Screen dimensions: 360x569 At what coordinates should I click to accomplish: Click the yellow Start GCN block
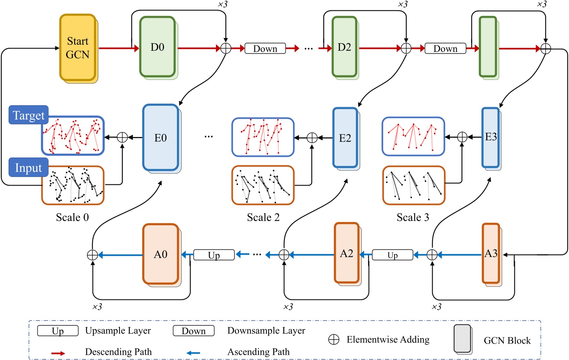click(78, 48)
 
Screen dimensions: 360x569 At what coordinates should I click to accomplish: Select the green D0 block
click(157, 47)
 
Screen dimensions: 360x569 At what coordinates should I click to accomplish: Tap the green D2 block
click(344, 47)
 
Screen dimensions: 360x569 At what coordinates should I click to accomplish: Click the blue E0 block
click(161, 138)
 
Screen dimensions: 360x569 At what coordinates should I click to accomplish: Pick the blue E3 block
click(491, 137)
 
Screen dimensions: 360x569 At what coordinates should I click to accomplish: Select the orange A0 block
click(161, 254)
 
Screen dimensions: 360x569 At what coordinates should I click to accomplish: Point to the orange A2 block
click(346, 254)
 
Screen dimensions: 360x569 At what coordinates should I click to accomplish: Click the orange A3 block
click(491, 254)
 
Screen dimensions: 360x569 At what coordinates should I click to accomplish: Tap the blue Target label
click(28, 115)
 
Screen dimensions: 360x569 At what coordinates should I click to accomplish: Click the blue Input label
click(28, 168)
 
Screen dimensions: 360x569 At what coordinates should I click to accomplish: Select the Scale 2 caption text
click(263, 217)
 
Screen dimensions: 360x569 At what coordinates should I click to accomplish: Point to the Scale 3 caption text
click(412, 217)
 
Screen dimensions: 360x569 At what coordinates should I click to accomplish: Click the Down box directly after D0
click(265, 49)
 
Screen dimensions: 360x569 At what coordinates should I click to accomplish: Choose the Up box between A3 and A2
click(392, 255)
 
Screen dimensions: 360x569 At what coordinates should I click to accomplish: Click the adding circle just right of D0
click(226, 48)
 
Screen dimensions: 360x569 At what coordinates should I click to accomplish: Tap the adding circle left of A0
click(92, 255)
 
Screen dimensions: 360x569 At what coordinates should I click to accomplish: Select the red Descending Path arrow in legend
click(58, 353)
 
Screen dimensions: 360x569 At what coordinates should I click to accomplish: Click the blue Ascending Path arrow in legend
click(193, 353)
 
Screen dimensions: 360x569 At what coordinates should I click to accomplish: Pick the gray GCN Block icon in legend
click(463, 339)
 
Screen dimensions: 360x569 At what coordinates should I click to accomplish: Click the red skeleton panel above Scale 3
click(413, 136)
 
